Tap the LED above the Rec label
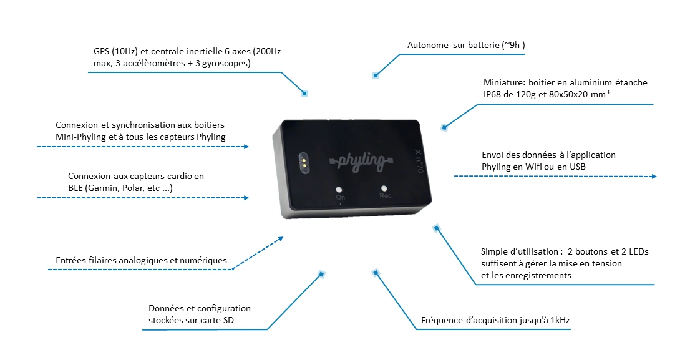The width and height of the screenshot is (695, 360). click(384, 187)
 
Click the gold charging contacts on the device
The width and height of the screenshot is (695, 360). click(303, 162)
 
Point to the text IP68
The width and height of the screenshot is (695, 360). click(494, 94)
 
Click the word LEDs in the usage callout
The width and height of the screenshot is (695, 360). click(636, 251)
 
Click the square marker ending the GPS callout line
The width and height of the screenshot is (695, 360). click(305, 94)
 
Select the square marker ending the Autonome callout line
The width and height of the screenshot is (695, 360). click(376, 75)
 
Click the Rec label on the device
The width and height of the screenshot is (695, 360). click(385, 196)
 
